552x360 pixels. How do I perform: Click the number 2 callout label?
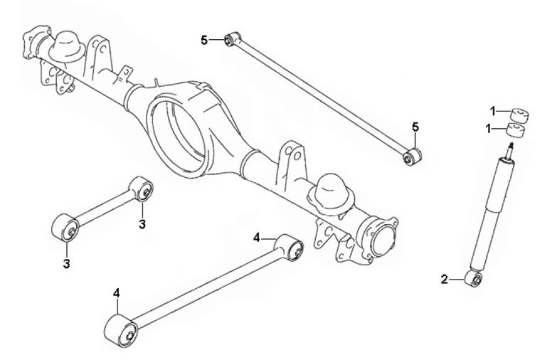point(444,280)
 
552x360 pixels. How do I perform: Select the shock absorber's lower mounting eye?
point(474,279)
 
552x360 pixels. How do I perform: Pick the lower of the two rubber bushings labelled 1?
point(516,130)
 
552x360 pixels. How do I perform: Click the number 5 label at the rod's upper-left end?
point(205,40)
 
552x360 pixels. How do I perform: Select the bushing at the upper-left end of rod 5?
point(232,39)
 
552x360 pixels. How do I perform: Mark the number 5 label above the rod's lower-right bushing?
point(416,127)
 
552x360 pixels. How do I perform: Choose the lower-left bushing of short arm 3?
point(65,227)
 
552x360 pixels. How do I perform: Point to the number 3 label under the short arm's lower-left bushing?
point(67,263)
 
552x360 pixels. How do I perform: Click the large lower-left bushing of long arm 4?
point(121,331)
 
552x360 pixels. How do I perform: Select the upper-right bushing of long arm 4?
point(290,247)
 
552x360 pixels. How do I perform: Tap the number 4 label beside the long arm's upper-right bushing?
point(257,238)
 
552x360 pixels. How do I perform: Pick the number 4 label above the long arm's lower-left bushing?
point(116,293)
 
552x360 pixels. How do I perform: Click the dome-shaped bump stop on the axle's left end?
point(67,47)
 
